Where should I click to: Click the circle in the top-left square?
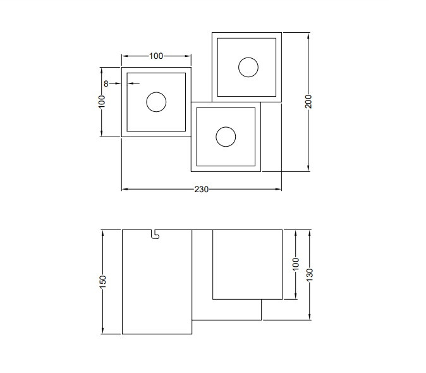coord(156,102)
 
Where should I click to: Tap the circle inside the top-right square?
coord(248,66)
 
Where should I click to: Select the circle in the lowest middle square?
coord(226,137)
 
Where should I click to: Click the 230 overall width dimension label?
coord(201,189)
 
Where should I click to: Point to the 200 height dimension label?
coord(308,101)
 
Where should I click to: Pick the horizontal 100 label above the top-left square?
coord(156,56)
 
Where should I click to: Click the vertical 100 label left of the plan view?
coord(102,102)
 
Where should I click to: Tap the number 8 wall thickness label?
coord(106,83)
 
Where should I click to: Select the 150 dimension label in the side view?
coord(102,281)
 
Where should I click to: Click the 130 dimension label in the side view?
coord(309,275)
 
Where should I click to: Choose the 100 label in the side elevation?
coord(295,264)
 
